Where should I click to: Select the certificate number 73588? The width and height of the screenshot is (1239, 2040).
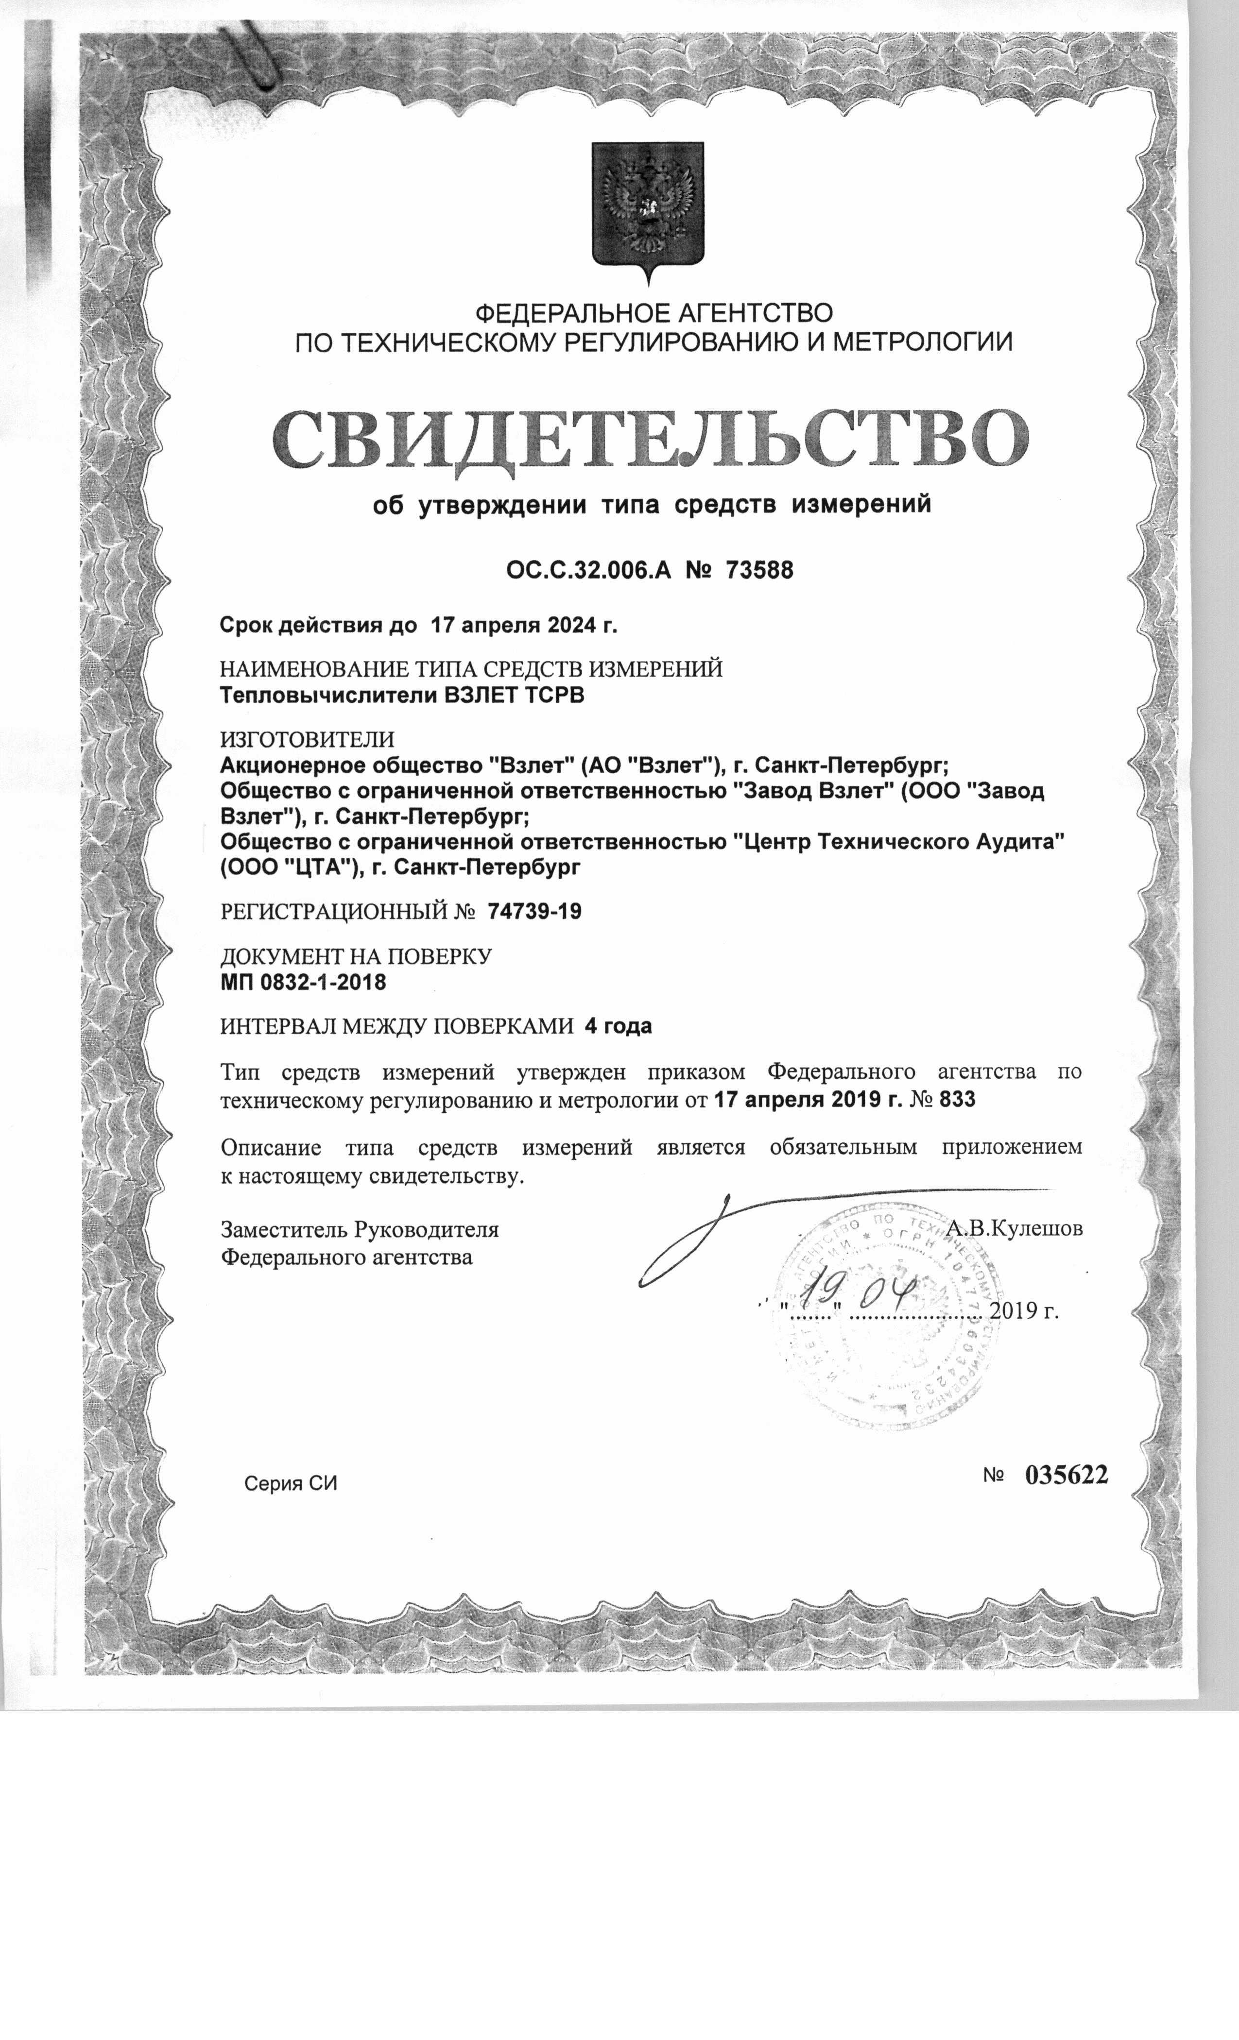758,570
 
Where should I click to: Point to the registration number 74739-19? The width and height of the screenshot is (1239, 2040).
535,912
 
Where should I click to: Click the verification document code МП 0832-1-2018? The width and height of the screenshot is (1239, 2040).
303,983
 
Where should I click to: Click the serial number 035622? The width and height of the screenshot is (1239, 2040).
1066,1475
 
